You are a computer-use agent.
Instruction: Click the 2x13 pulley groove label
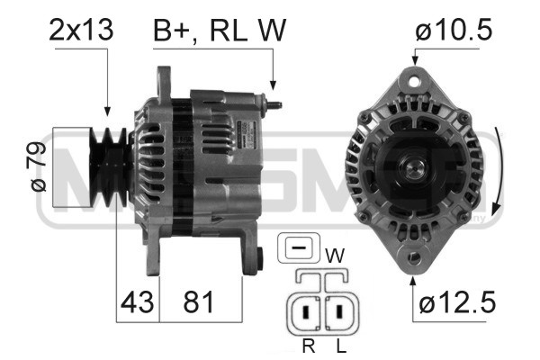point(81,30)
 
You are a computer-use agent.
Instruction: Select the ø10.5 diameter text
point(454,30)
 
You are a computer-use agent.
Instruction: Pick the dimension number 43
point(137,303)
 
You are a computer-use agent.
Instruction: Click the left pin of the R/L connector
point(308,314)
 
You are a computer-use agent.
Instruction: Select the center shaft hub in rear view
point(415,169)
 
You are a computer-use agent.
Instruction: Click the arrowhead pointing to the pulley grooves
point(107,112)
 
